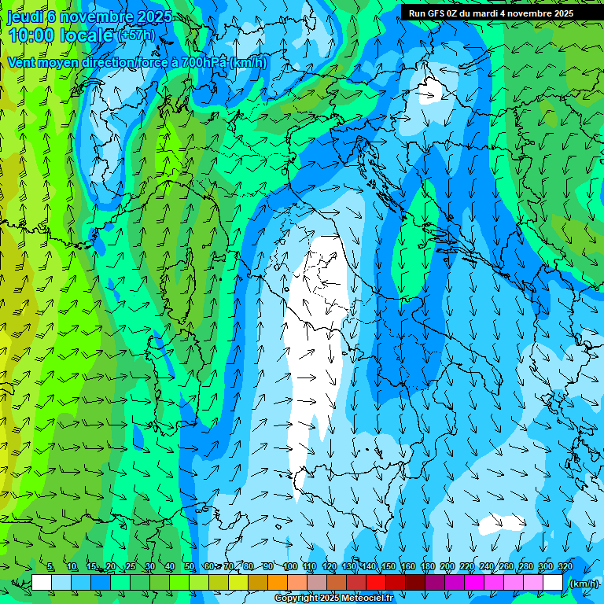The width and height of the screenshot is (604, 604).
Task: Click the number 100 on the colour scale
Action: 289,566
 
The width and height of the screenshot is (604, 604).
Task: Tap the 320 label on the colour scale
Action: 565,566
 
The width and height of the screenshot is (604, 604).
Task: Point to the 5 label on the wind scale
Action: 50,566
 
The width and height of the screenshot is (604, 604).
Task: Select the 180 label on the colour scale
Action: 427,566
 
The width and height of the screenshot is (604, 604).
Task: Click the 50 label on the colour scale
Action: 190,566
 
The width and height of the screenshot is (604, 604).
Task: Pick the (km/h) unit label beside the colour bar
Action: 584,584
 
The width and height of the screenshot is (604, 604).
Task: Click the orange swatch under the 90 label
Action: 278,583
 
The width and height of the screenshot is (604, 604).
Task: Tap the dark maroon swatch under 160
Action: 415,583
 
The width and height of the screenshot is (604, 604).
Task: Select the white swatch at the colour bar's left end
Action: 42,583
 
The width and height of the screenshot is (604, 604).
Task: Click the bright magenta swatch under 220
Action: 474,583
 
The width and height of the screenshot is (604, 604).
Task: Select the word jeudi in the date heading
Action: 27,17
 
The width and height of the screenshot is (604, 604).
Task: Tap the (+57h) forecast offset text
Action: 137,35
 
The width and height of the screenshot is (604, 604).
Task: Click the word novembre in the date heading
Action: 97,17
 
